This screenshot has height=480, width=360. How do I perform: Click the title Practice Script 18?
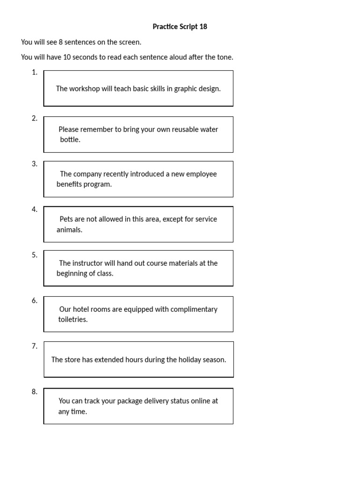(180, 27)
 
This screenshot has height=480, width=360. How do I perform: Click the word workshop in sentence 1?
(84, 89)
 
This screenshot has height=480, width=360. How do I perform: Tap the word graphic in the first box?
(186, 89)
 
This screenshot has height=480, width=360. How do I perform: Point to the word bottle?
(70, 140)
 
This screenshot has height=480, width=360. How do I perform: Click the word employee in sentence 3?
(201, 174)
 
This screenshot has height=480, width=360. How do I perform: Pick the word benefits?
(70, 184)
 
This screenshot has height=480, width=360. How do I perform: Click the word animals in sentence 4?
(69, 230)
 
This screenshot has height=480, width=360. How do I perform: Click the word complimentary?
(194, 309)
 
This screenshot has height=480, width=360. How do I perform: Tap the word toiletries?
(73, 320)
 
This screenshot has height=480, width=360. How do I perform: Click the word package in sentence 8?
(130, 401)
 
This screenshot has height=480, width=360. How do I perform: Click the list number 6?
(34, 300)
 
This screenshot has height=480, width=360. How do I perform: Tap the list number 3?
(34, 164)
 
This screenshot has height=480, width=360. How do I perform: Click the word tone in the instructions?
(224, 57)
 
